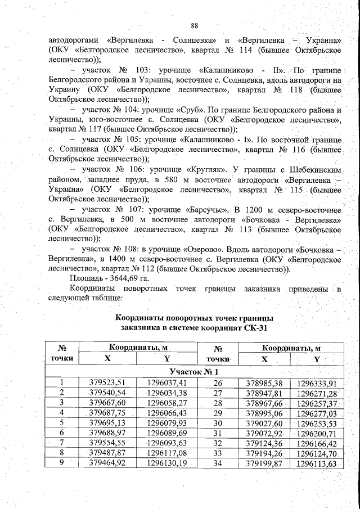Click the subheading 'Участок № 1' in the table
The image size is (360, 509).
point(195,372)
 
